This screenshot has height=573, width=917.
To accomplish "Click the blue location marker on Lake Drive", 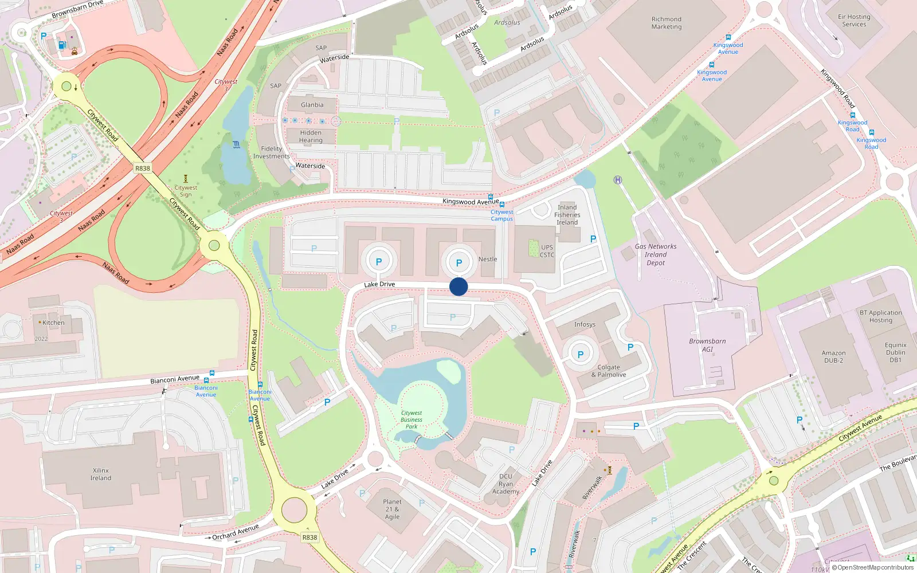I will click(458, 286).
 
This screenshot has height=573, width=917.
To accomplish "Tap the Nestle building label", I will click(488, 259).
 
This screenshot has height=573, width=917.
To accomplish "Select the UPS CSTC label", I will click(547, 251).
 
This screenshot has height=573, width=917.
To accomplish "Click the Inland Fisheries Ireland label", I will click(567, 215).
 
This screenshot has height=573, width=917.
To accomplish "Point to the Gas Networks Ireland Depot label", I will click(656, 254).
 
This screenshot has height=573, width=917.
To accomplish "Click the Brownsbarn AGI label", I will click(707, 345).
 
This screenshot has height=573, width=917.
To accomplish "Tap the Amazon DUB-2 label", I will click(833, 356).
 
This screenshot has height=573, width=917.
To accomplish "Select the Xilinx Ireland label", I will click(101, 474).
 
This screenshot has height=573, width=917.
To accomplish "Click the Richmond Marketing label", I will click(667, 23).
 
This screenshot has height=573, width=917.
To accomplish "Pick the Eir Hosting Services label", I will click(854, 21).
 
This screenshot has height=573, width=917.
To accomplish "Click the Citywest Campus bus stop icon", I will click(502, 205).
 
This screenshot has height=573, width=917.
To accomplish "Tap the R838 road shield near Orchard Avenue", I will click(309, 537).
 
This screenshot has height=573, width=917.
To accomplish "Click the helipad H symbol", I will click(618, 180).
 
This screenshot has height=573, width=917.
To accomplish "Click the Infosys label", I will click(585, 324).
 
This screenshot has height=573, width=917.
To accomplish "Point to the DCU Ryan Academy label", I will click(505, 484).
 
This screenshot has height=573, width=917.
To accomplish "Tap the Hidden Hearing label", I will click(311, 136).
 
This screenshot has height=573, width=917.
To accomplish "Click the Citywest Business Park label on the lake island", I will click(412, 419).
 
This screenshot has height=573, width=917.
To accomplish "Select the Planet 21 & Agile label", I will click(393, 509).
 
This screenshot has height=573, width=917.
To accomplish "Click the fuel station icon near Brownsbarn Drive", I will click(62, 45).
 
